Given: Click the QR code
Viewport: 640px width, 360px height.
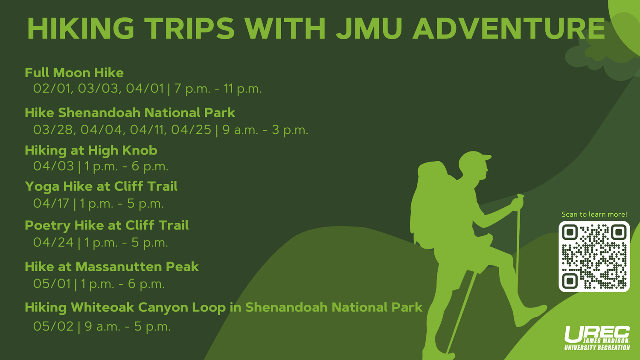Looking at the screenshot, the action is coord(594,256).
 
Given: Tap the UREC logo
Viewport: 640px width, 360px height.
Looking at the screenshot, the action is coord(597,338).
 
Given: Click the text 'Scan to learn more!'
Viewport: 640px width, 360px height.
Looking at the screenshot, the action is coord(594,214).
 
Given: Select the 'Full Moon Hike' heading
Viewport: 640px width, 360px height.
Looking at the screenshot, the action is coord(74,73).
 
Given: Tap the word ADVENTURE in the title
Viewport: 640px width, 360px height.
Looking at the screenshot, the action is coord(509,28).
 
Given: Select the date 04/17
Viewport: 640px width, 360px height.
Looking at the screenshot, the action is coord(51,203).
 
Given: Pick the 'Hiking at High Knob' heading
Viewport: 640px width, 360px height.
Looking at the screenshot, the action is coord(91,151).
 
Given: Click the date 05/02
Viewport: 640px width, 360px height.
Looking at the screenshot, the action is coord(53,326).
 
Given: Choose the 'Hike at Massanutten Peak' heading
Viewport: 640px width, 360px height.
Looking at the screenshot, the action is coord(111,267).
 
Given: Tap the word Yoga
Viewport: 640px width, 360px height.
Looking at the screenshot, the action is coord(42,187).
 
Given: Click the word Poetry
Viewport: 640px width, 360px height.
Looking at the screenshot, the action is coord(47,226).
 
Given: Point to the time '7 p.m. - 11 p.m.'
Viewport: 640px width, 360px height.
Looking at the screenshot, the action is coord(218,89).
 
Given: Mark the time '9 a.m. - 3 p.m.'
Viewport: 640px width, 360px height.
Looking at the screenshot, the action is coord(265,130).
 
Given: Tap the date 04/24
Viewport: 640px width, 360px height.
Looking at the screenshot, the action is coord(53,243).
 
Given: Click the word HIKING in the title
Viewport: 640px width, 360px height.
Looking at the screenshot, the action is coord(81,28).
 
